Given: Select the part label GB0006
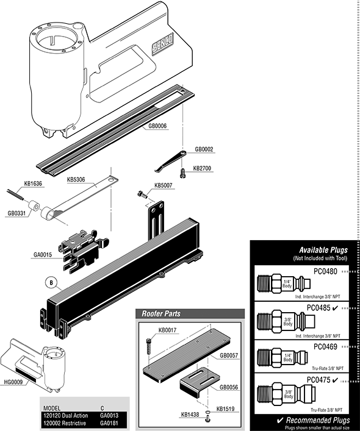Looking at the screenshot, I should pyautogui.click(x=157, y=126).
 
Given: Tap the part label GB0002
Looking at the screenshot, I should pyautogui.click(x=204, y=149).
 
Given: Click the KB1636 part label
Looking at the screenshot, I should pyautogui.click(x=33, y=183).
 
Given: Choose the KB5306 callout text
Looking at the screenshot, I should pyautogui.click(x=76, y=180).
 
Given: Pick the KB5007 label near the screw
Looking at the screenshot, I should pyautogui.click(x=164, y=185).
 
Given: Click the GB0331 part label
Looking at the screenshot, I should pyautogui.click(x=16, y=213).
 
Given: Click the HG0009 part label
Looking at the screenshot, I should pyautogui.click(x=13, y=382).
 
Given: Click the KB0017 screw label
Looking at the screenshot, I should pyautogui.click(x=168, y=331).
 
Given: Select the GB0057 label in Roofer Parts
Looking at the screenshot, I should pyautogui.click(x=229, y=355).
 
